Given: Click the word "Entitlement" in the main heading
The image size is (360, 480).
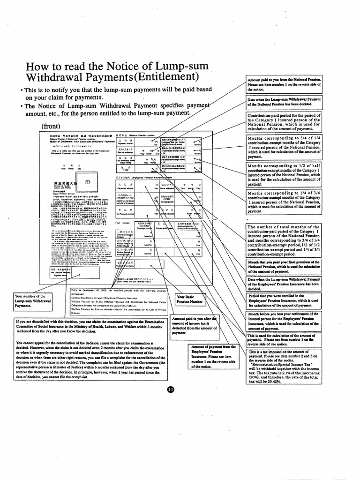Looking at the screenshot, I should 165,76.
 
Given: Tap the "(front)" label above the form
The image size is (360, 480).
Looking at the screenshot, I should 53,126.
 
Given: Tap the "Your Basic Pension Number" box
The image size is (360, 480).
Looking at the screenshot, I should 189,300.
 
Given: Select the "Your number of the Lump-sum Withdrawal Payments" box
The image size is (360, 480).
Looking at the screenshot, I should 32,301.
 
